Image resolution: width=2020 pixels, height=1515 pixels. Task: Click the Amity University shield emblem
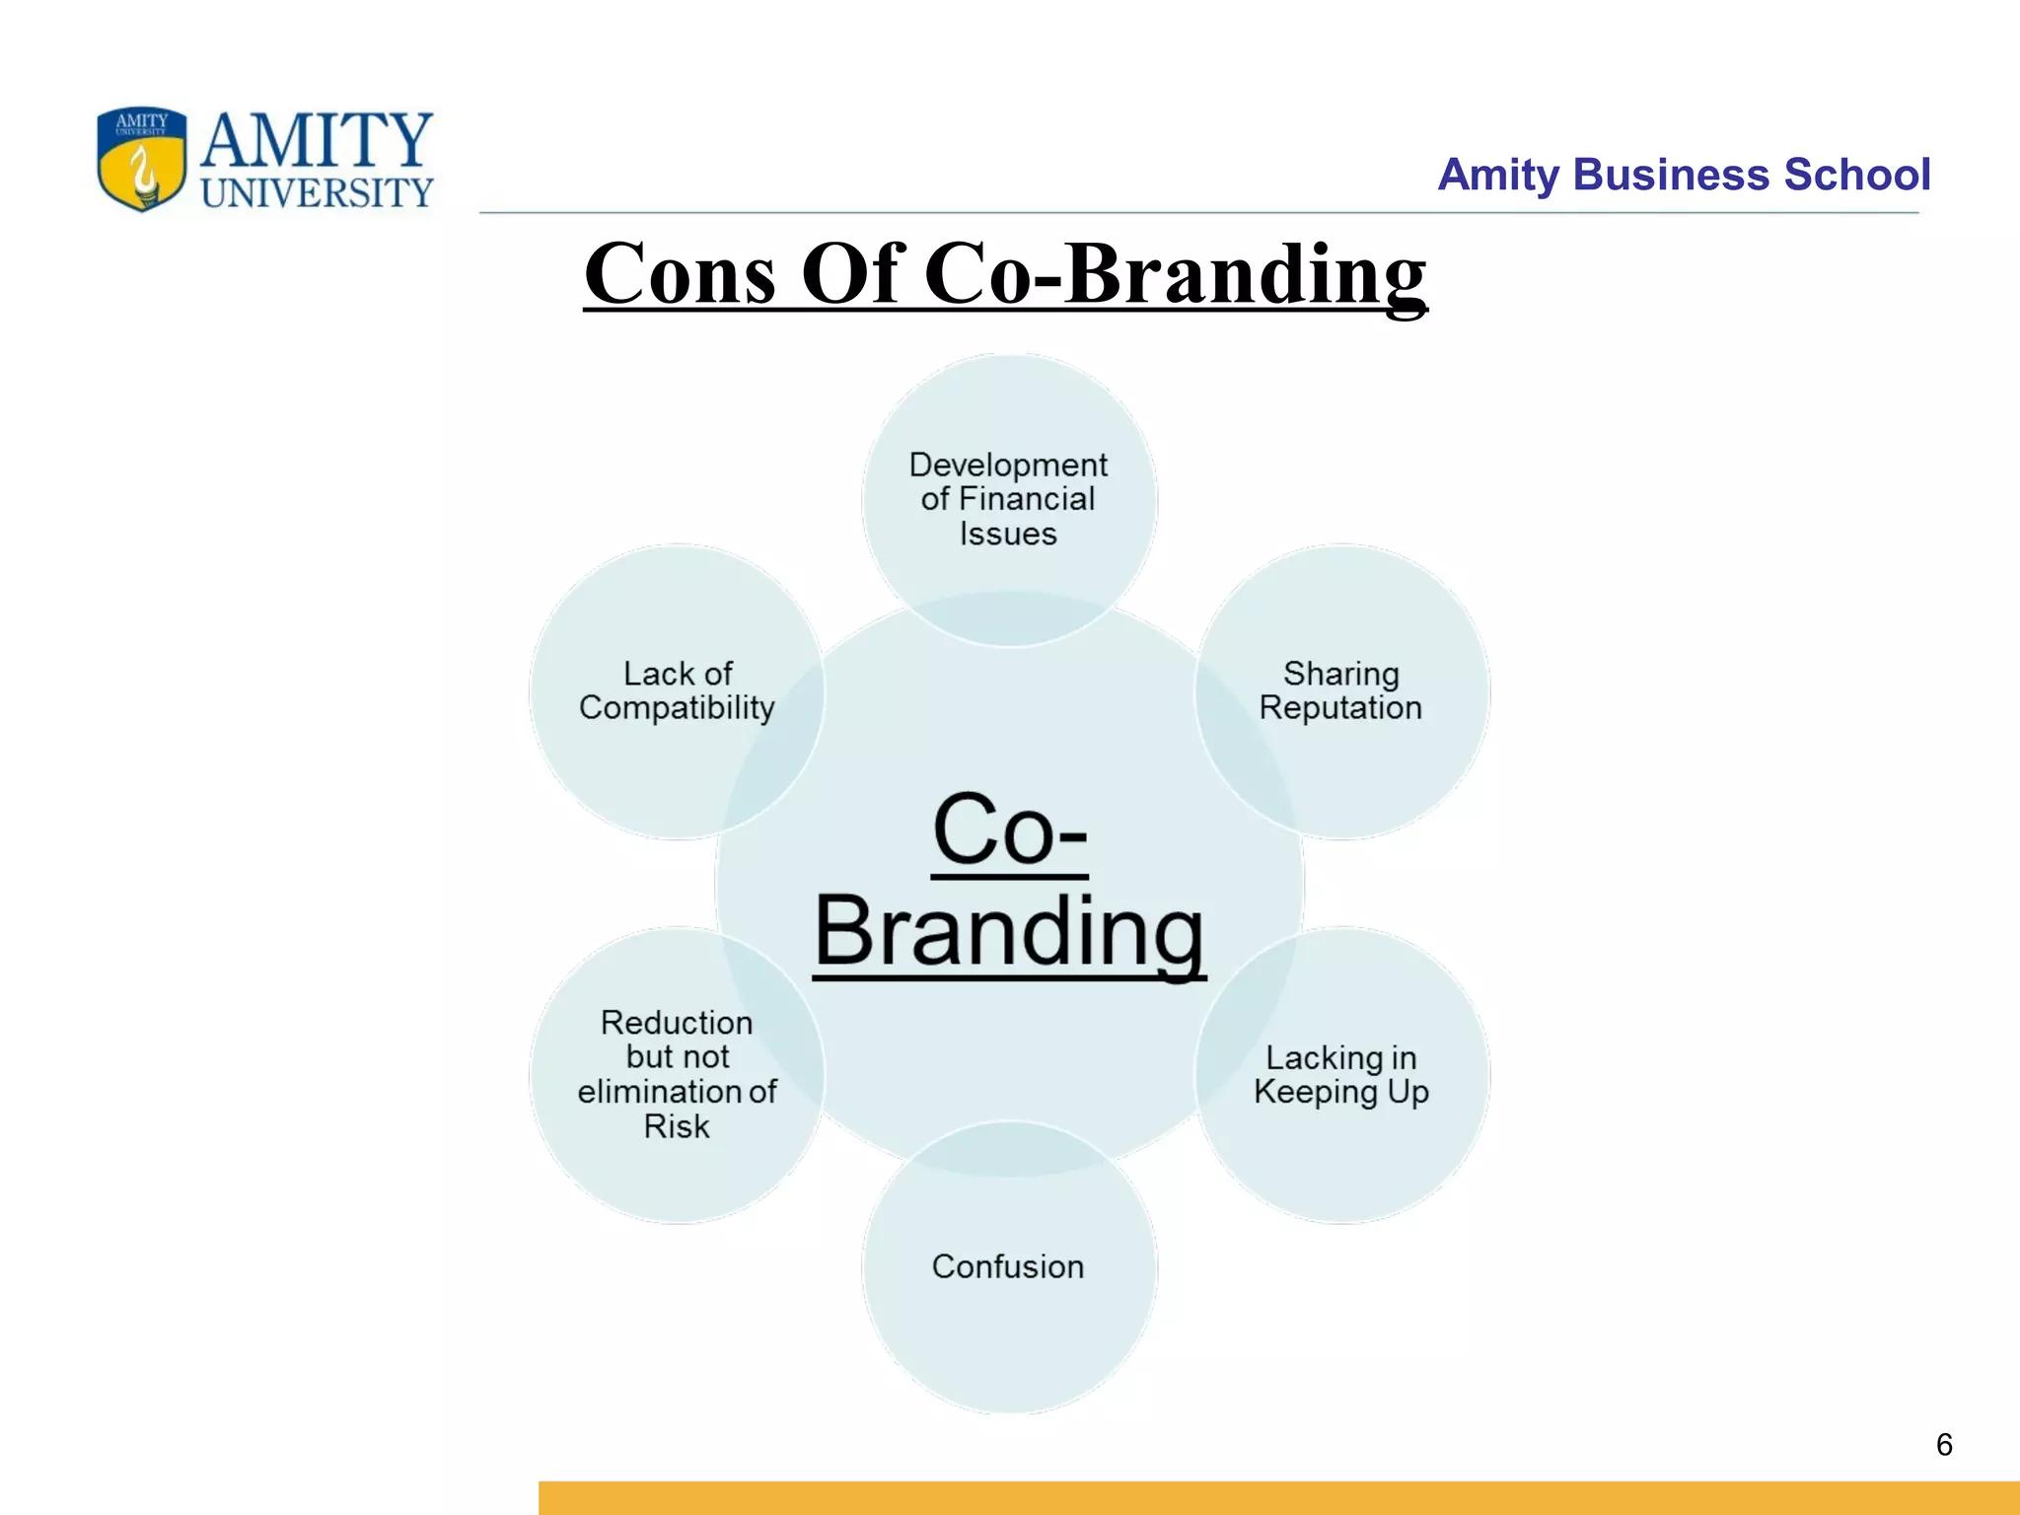pyautogui.click(x=142, y=159)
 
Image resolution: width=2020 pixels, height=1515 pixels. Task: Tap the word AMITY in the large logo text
pyautogui.click(x=317, y=140)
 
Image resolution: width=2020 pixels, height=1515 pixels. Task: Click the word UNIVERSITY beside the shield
pyautogui.click(x=317, y=193)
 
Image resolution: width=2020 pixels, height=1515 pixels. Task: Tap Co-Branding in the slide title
pyautogui.click(x=1175, y=273)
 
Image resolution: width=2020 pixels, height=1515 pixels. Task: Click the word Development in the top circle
pyautogui.click(x=1008, y=465)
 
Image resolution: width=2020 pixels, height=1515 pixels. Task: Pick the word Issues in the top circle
pyautogui.click(x=1008, y=534)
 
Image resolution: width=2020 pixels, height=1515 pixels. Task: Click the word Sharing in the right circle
pyautogui.click(x=1340, y=674)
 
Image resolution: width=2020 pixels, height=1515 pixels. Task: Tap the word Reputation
pyautogui.click(x=1340, y=708)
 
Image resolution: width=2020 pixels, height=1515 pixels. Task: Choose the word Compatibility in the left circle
pyautogui.click(x=677, y=708)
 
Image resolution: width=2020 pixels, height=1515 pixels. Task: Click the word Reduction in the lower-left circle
pyautogui.click(x=677, y=1023)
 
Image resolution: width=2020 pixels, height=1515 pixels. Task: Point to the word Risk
pyautogui.click(x=677, y=1126)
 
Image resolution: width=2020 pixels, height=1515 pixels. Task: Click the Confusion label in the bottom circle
pyautogui.click(x=1008, y=1266)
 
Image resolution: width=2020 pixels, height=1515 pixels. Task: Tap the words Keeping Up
pyautogui.click(x=1340, y=1092)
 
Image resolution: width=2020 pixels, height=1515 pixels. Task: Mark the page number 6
pyautogui.click(x=1944, y=1445)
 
